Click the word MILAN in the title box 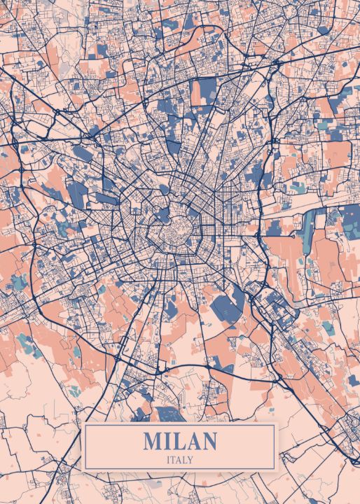[180, 442]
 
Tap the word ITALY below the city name [180, 460]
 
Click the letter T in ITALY [174, 460]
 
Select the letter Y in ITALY [191, 460]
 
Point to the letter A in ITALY [179, 460]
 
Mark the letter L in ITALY [186, 460]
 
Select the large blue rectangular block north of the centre [205, 91]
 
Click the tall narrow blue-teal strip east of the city [307, 231]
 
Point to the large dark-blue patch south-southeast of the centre [230, 304]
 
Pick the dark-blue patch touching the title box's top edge [169, 414]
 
